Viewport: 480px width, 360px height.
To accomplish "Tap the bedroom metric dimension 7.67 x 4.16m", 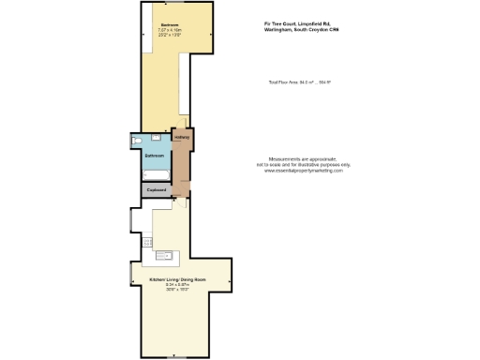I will [x=170, y=30].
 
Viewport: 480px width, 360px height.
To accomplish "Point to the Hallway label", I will [x=182, y=138].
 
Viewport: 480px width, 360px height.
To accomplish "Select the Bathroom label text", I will [x=155, y=155].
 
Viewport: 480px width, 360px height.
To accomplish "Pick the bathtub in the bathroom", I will [x=155, y=175].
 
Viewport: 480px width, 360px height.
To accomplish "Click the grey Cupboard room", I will [x=157, y=189].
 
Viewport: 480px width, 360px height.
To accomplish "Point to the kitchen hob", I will [x=148, y=243].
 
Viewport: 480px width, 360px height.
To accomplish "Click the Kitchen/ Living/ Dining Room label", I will [x=170, y=279].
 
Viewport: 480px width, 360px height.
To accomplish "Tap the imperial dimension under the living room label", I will [x=170, y=291].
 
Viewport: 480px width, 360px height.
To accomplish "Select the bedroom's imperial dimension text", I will [x=170, y=36].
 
